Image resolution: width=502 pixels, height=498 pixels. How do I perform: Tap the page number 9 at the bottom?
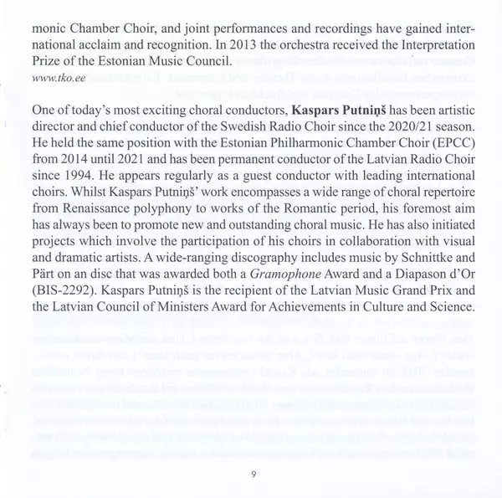(x=252, y=475)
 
